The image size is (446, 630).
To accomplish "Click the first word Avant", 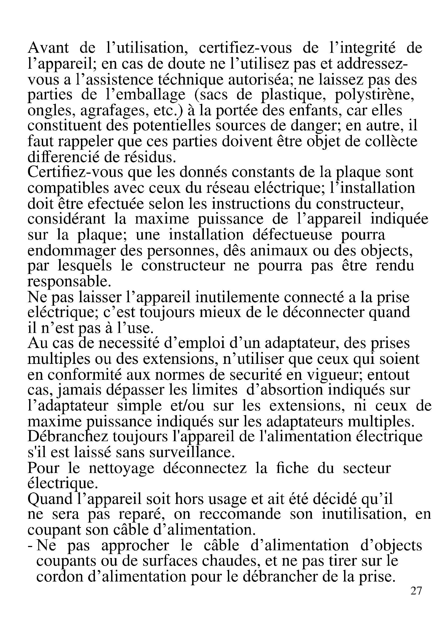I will click(48, 48).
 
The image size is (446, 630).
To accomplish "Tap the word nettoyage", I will click(121, 468).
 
